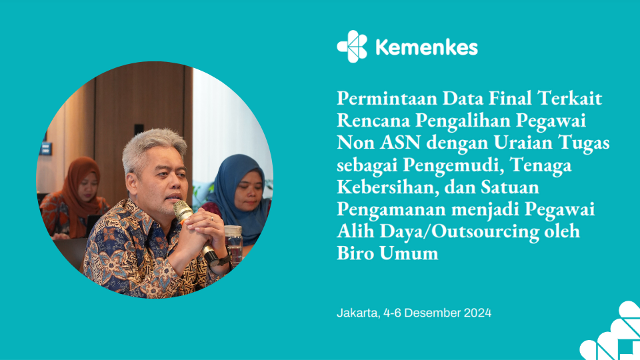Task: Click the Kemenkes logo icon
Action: (352, 47)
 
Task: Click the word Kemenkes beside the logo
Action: (427, 47)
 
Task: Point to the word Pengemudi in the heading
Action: (453, 165)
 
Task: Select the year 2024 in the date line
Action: (477, 313)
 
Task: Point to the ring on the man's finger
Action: (211, 219)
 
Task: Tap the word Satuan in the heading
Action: (510, 187)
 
